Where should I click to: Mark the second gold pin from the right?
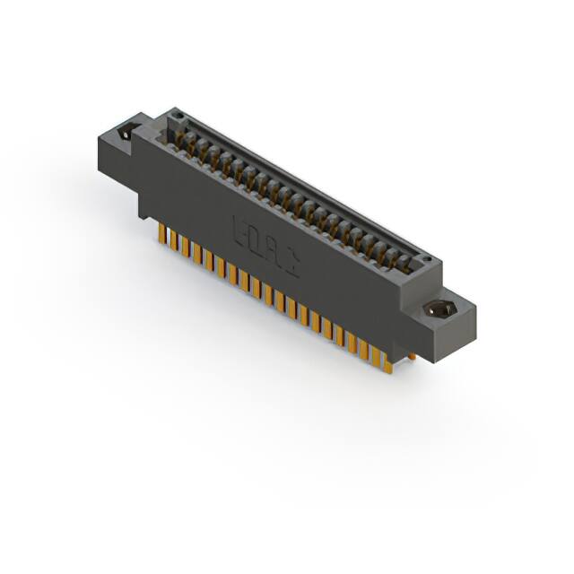click(376, 353)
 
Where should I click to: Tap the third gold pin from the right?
click(364, 347)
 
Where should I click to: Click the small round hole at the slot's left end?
click(178, 115)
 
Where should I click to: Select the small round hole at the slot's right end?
click(427, 261)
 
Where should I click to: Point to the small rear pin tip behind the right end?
click(410, 357)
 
